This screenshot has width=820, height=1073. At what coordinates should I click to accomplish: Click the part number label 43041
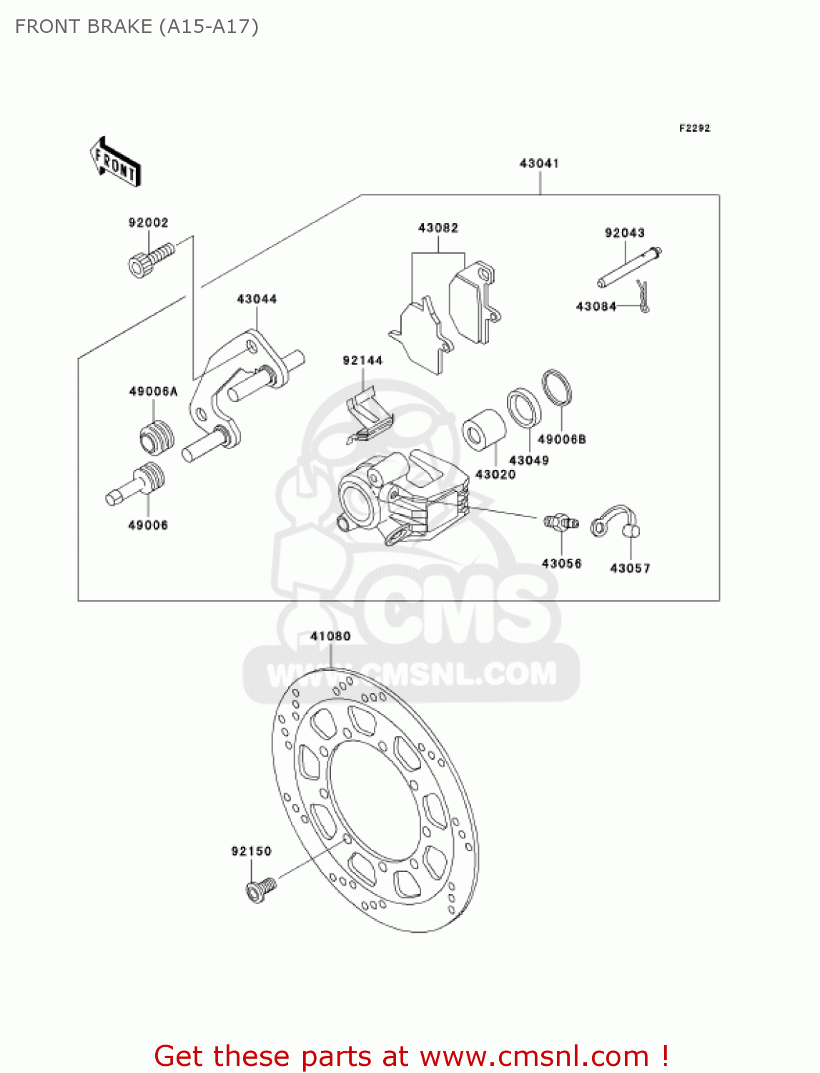(539, 164)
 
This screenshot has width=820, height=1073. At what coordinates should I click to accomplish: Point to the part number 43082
(438, 228)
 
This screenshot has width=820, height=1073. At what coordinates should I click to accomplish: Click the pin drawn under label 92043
(629, 268)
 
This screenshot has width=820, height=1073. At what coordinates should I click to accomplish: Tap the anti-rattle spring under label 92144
(368, 418)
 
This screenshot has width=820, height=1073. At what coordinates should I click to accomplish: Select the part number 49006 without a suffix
(147, 526)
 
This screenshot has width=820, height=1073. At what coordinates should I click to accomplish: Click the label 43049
(528, 461)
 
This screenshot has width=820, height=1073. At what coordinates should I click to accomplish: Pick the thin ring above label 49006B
(556, 388)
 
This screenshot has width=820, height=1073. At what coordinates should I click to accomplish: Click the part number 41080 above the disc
(330, 636)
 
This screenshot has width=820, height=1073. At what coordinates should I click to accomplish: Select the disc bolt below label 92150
(260, 889)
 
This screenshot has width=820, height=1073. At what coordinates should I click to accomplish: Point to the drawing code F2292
(694, 128)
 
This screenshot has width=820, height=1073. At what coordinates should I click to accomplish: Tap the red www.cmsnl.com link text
(534, 1056)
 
